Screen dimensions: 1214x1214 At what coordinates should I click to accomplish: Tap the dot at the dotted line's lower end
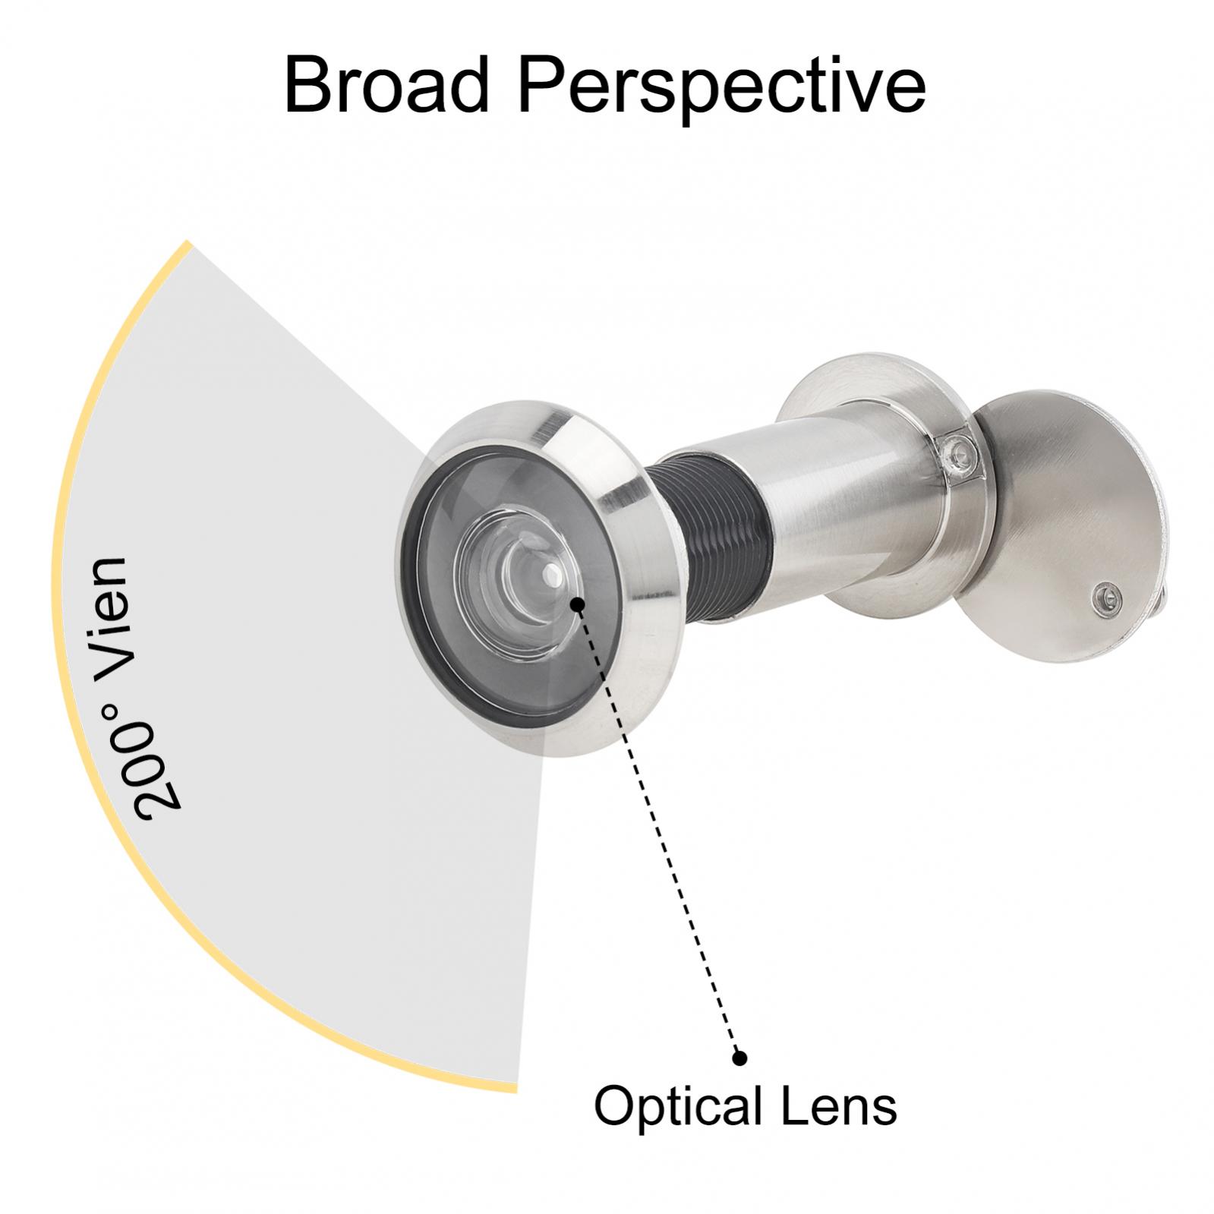click(x=739, y=1057)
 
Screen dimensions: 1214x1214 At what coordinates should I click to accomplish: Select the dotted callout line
click(x=658, y=831)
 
